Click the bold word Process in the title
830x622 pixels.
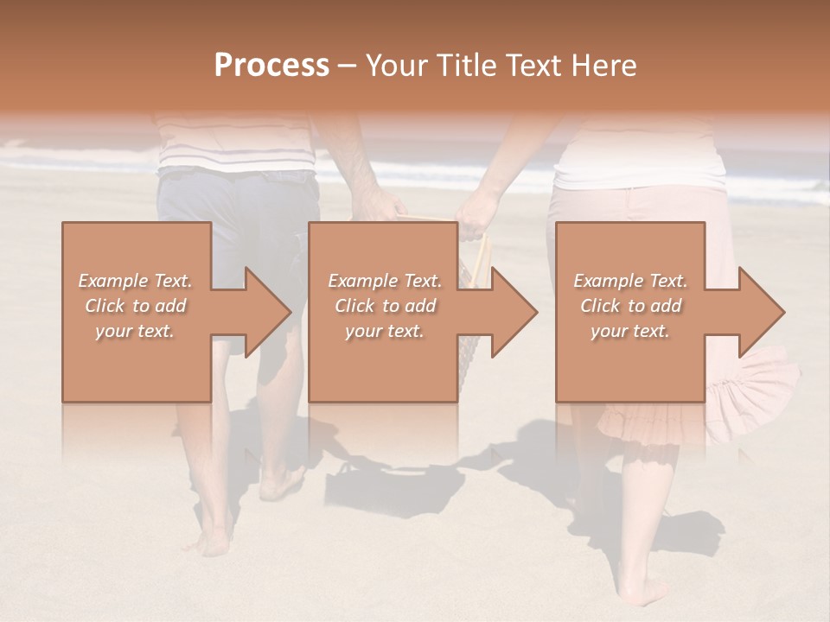[x=271, y=65]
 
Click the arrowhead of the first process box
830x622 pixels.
[x=268, y=312]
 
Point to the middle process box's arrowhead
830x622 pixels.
[x=514, y=312]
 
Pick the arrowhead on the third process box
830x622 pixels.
[x=762, y=312]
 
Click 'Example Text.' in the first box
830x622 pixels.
[x=136, y=281]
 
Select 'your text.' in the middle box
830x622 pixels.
[x=385, y=331]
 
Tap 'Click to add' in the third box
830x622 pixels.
[x=630, y=306]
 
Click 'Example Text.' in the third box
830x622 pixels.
[x=630, y=281]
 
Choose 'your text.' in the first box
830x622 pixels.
[x=136, y=331]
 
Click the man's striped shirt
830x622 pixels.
[x=235, y=143]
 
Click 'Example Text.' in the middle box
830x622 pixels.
[x=385, y=281]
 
